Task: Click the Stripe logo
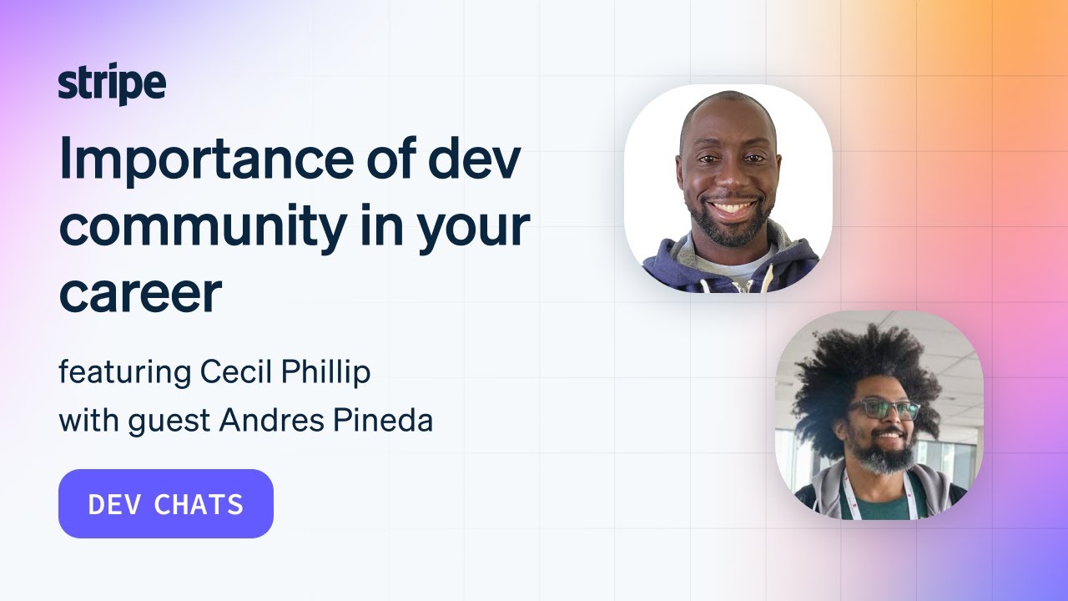click(x=112, y=85)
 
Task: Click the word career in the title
click(x=140, y=292)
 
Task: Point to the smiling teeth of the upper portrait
click(x=733, y=206)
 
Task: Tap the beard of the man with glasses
click(x=884, y=457)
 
